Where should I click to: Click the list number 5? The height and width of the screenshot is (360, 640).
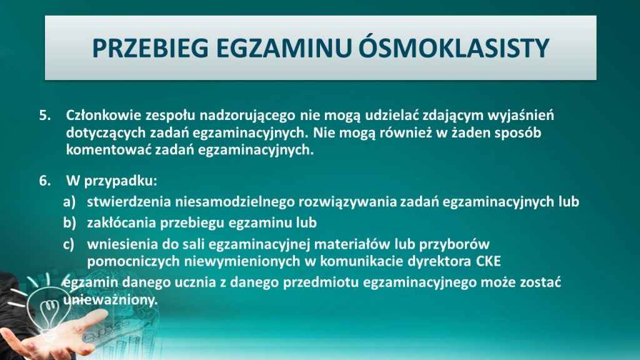tap(44, 115)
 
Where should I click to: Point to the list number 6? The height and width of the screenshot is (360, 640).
tap(44, 181)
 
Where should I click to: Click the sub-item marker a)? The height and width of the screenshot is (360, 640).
tap(69, 202)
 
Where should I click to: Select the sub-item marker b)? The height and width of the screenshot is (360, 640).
tap(69, 222)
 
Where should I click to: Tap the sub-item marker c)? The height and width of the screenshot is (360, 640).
tap(69, 244)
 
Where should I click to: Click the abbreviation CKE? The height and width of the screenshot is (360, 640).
tap(488, 261)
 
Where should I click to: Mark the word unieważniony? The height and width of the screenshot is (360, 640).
tap(110, 301)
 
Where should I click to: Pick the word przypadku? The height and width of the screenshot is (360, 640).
tap(121, 181)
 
